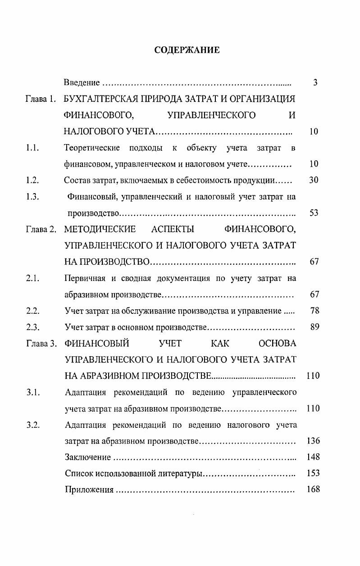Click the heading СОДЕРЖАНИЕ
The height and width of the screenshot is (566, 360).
pos(187,50)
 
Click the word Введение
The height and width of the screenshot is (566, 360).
pos(82,83)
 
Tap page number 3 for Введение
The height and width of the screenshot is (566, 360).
pos(315,83)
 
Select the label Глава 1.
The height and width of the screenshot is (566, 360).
pos(41,99)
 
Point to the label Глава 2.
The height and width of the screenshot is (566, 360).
pos(41,230)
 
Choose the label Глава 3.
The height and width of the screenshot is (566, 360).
pos(41,344)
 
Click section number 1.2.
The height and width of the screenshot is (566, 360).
pos(33,181)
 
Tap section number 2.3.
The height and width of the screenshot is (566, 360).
pos(33,327)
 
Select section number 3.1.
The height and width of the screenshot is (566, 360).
pos(33,392)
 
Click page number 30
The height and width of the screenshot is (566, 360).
pos(314,180)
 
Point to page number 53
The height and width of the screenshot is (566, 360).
pos(314,213)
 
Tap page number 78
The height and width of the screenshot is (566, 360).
pos(314,311)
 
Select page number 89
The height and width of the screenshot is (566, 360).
pos(314,327)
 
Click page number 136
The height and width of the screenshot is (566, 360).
pos(313,441)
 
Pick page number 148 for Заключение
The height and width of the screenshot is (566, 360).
pos(313,457)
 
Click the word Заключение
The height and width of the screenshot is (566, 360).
pos(87,457)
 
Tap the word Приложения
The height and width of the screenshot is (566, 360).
pos(89,490)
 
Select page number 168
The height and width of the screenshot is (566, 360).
pos(313,489)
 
